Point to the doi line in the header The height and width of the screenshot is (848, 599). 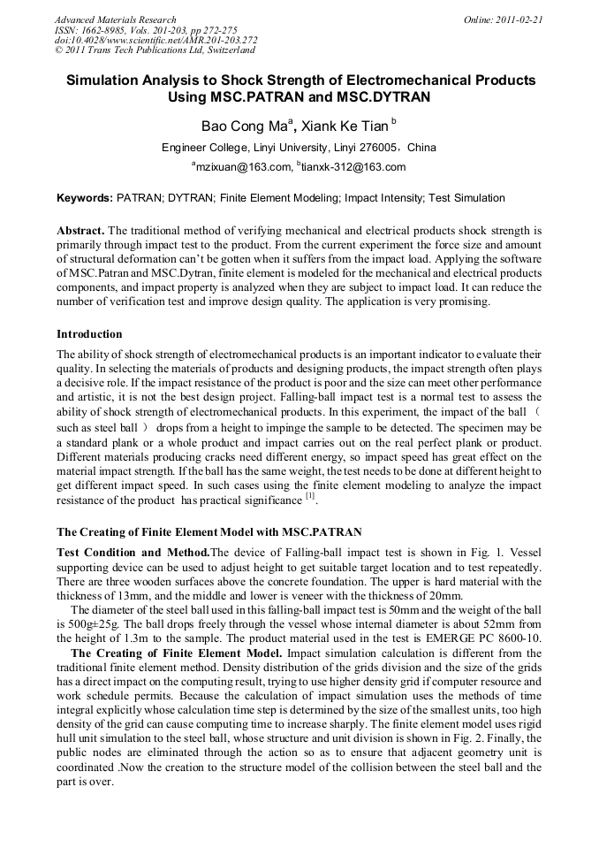[x=155, y=40]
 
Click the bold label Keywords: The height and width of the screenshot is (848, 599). [x=84, y=198]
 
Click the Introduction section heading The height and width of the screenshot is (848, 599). [x=89, y=334]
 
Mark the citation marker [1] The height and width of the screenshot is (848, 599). [x=310, y=497]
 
